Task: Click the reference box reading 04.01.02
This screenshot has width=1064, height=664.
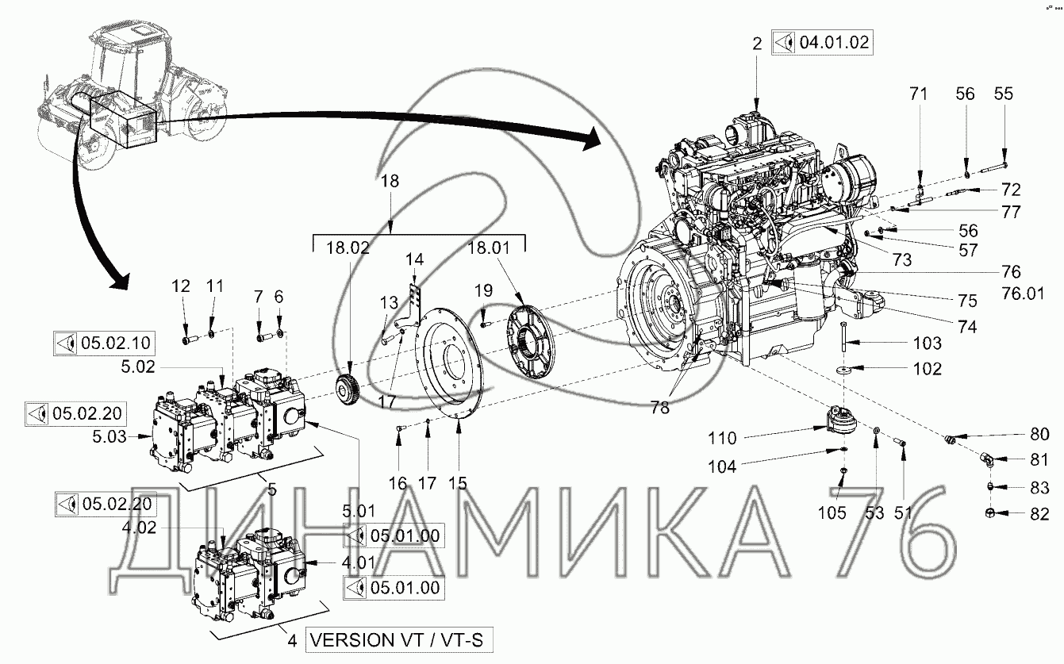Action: (822, 43)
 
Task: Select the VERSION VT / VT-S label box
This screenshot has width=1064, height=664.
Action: (398, 640)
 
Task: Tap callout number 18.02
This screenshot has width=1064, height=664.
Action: (348, 248)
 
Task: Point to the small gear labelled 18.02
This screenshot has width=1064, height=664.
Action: (350, 388)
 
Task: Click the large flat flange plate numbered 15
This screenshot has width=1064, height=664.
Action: (449, 363)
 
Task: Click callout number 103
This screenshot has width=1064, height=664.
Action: (928, 343)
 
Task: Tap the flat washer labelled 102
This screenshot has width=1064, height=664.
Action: (844, 370)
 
